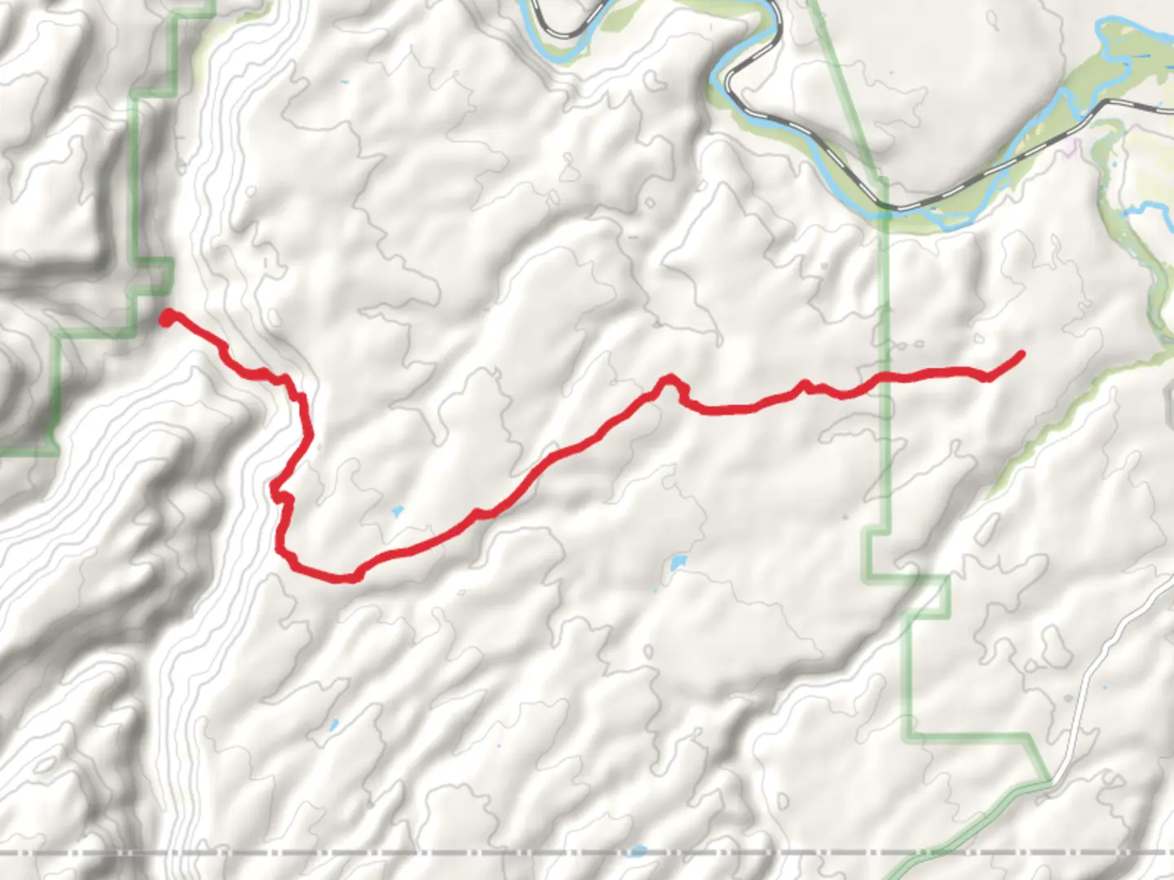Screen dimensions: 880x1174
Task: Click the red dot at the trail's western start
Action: pos(166,318)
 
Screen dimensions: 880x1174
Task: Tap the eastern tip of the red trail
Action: pos(1020,354)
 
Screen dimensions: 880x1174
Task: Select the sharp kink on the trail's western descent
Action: pos(277,491)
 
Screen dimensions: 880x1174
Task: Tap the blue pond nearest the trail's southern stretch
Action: pos(397,513)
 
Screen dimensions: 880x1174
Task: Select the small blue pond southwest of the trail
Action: pos(333,724)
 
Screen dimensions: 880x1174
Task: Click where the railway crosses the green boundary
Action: pos(883,205)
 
